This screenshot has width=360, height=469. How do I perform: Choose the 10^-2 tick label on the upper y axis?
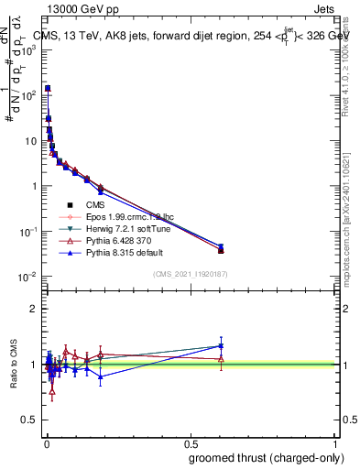[27, 277]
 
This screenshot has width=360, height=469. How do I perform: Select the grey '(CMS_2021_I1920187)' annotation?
[189, 274]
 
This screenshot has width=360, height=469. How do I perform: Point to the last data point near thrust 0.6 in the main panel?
[221, 249]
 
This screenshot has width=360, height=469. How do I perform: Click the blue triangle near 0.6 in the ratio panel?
[221, 345]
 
